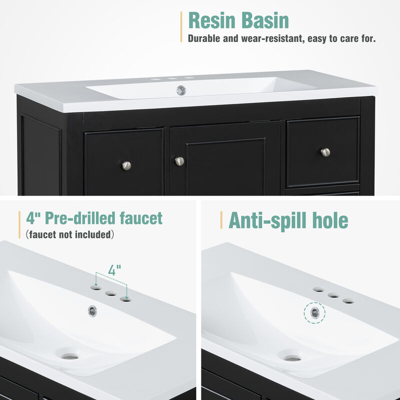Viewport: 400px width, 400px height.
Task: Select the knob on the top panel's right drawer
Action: pos(325,152)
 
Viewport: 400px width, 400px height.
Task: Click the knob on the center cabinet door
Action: pos(179,161)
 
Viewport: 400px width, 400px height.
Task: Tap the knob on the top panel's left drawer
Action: pos(126,164)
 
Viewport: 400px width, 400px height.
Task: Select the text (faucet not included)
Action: pos(69,234)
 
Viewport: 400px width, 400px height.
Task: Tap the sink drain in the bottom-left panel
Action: pos(70,356)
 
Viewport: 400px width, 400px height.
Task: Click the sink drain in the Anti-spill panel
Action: pos(292,357)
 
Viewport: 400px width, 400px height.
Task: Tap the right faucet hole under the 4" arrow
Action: pos(125,299)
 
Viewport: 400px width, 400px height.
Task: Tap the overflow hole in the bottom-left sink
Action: pos(92,310)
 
